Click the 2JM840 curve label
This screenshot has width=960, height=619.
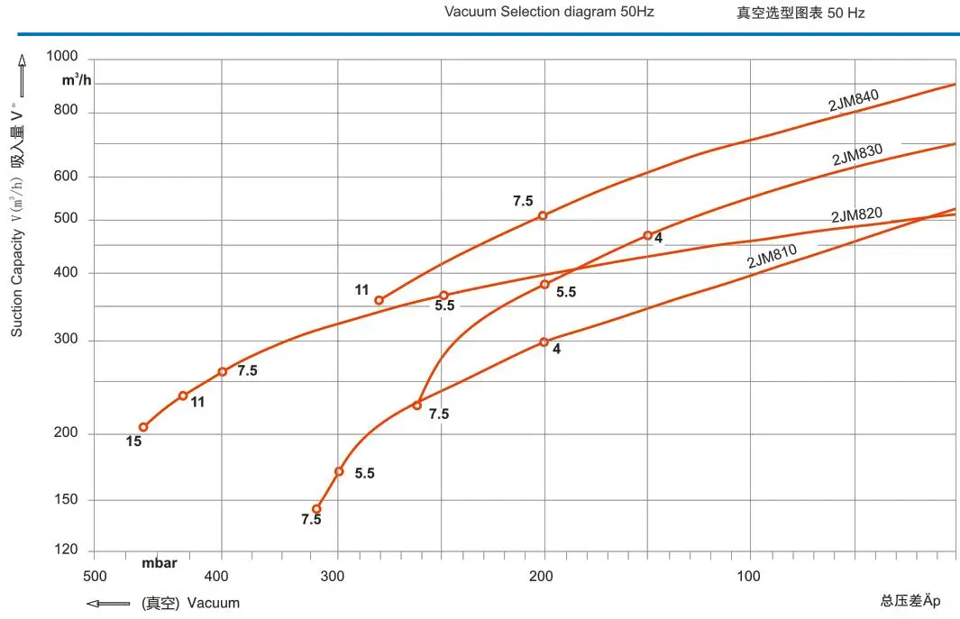(x=853, y=100)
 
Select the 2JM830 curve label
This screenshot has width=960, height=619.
(x=856, y=155)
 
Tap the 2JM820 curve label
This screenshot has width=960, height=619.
(x=856, y=215)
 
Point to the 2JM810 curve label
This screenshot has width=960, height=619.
(x=772, y=257)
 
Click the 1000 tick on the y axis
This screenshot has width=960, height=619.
(x=62, y=57)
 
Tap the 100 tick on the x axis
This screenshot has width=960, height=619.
(x=749, y=577)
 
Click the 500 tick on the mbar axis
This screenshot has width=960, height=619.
(x=95, y=577)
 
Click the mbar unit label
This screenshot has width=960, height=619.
(x=160, y=563)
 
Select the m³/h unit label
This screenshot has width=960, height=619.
(x=77, y=81)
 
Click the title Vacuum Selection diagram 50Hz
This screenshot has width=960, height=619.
(x=549, y=12)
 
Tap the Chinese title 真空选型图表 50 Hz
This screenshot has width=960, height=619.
(x=800, y=13)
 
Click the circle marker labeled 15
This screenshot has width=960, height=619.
(x=143, y=427)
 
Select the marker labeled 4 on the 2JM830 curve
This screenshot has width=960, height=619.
(x=647, y=236)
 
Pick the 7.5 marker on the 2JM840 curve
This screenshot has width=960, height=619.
(x=543, y=215)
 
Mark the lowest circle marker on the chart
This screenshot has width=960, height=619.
(x=316, y=509)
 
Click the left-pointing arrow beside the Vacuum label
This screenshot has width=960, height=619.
(x=109, y=604)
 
